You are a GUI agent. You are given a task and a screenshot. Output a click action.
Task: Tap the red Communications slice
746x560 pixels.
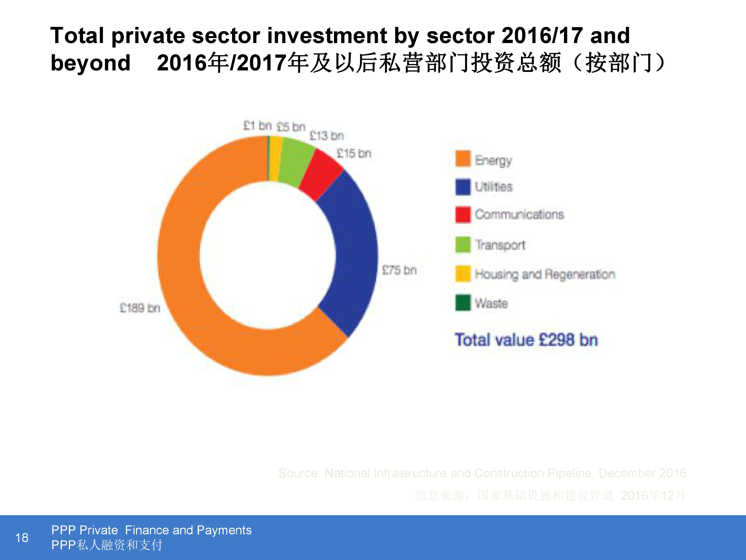pos(320,175)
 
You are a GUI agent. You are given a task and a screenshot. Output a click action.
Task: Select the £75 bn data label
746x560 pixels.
pos(399,270)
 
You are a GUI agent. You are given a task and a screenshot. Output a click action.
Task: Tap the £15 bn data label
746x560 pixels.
pos(354,154)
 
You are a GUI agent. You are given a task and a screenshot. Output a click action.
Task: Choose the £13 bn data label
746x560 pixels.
pos(326,136)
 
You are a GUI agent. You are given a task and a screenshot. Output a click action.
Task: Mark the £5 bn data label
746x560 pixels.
pos(291,127)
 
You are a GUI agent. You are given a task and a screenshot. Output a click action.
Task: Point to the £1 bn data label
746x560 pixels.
pos(257,126)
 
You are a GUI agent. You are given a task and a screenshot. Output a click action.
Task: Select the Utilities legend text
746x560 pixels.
pos(493,187)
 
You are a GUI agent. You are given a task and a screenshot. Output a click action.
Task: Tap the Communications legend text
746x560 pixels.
pos(519,214)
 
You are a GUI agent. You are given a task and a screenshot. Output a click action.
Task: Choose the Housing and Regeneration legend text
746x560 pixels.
pos(545,274)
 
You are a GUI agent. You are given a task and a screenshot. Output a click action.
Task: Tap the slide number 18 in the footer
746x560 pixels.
pos(22,537)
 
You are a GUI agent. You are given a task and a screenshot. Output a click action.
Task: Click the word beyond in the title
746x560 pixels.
pos(90,63)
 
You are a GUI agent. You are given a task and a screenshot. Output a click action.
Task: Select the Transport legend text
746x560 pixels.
pos(500,245)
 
